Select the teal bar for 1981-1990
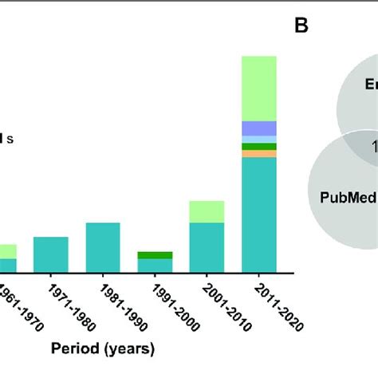coord(103,248)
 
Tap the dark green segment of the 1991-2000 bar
coord(155,255)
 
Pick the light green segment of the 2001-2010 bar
coord(207,211)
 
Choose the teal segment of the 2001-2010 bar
coord(207,248)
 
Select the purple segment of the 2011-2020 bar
coord(259,128)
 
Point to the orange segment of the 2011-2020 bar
coord(259,154)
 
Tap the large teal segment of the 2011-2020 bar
coord(259,215)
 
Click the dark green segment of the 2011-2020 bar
coord(259,147)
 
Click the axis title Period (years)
coord(104,348)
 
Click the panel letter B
coord(301,26)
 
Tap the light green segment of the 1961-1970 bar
coord(7,251)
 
